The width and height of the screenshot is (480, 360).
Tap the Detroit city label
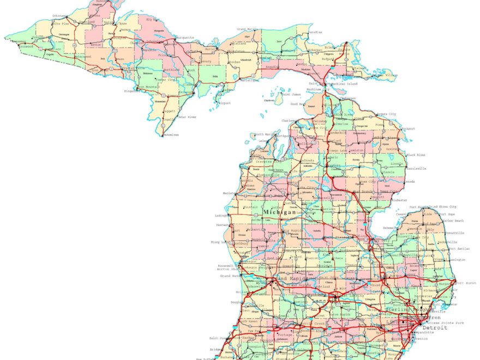click(x=435, y=328)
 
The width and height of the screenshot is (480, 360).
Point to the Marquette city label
click(x=184, y=38)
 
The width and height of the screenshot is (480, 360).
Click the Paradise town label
click(x=315, y=32)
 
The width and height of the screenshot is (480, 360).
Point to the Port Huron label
click(x=466, y=283)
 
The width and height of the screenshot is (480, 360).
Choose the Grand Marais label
click(x=247, y=29)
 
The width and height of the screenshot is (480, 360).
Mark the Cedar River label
click(x=188, y=117)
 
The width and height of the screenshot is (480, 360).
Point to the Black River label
click(x=415, y=155)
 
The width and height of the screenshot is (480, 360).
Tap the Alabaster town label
click(x=399, y=200)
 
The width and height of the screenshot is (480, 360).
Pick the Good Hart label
click(x=298, y=104)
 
